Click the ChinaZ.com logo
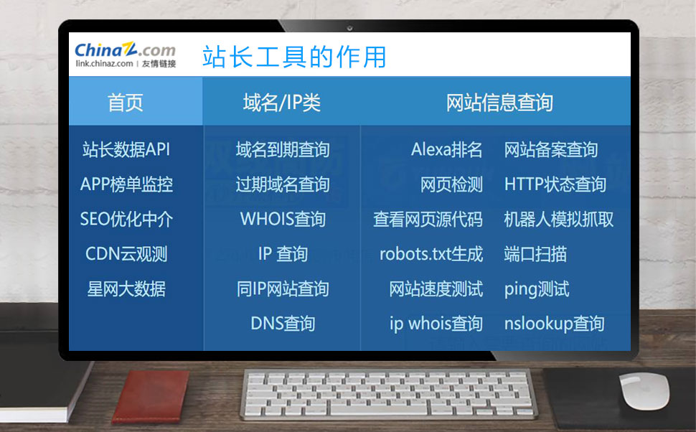coord(125,55)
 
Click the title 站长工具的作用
coord(294,57)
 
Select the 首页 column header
coord(125,103)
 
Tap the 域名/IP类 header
coord(282,103)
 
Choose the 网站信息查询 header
coord(499,103)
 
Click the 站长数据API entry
coord(126,150)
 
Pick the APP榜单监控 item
coord(126,184)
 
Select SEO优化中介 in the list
coord(126,219)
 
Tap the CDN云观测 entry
coord(126,254)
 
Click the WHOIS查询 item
coord(283,219)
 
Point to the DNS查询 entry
coord(283,323)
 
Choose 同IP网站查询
coord(283,288)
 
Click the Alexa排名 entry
coord(446,150)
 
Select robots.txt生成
coord(431,254)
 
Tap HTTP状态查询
coord(555,184)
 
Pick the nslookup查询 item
coord(555,323)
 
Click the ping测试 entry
coord(537,288)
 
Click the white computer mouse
coord(644,390)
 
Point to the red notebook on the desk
coord(151,396)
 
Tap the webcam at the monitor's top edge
coord(349,29)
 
